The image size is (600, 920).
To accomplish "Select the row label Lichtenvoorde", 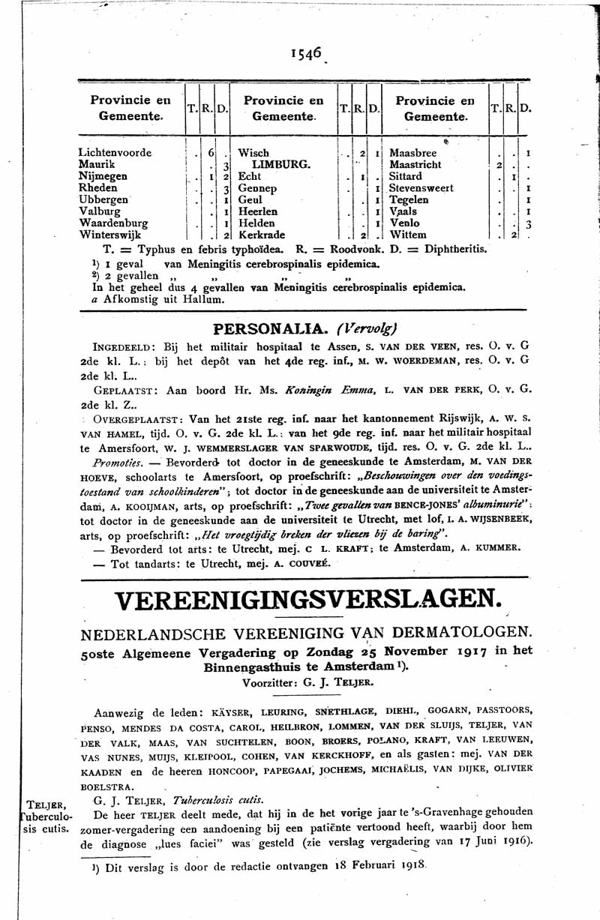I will [x=115, y=153].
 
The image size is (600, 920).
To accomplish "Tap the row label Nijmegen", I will [x=103, y=176].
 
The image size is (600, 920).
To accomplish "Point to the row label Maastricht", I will [x=415, y=164].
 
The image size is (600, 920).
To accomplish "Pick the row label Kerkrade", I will [x=262, y=235].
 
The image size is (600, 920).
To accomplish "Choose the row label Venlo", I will [x=405, y=223].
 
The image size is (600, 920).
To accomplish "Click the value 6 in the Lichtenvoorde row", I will [x=211, y=153].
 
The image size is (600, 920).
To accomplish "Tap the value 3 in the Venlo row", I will [x=528, y=223].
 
